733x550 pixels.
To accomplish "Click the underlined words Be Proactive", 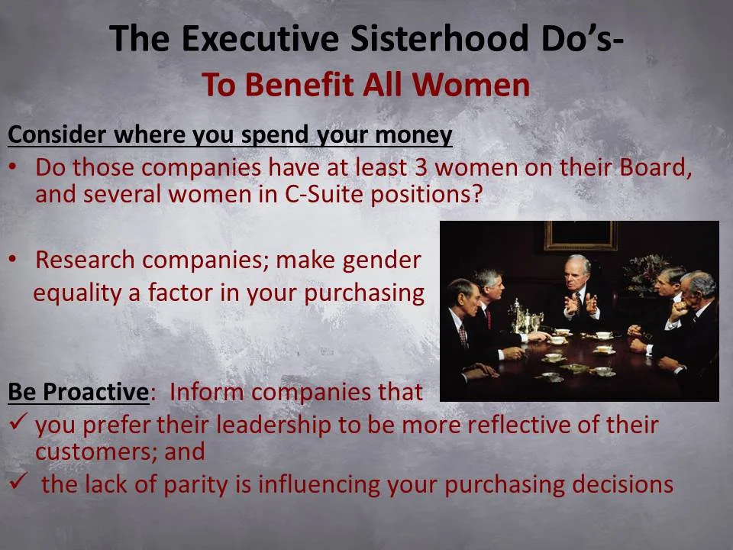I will click(x=77, y=392).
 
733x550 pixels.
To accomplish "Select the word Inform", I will click(x=205, y=392).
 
